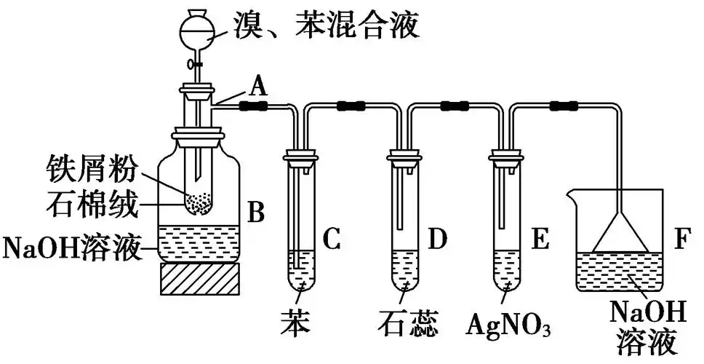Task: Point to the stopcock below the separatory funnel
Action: pos(196,64)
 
